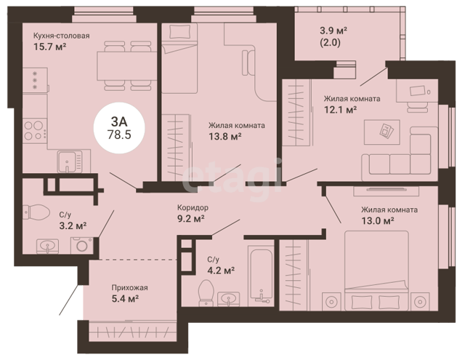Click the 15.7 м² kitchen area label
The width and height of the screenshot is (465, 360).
49,47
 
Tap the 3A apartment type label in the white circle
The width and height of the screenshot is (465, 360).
119,121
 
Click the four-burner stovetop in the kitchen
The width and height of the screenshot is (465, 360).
35,131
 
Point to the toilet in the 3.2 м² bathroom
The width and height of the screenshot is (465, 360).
36,212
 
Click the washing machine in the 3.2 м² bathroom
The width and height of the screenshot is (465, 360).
81,245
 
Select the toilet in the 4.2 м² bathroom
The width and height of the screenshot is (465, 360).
206,292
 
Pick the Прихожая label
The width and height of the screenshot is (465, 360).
129,287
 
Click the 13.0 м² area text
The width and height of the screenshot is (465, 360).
378,221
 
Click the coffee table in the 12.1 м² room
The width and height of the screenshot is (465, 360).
381,132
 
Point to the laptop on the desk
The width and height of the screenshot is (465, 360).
418,91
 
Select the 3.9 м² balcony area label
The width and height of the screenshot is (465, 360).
333,31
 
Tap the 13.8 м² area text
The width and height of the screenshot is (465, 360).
225,137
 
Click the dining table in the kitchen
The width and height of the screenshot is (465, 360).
127,66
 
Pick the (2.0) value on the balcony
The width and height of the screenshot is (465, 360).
330,43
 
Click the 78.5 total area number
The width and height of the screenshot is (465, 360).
119,135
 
